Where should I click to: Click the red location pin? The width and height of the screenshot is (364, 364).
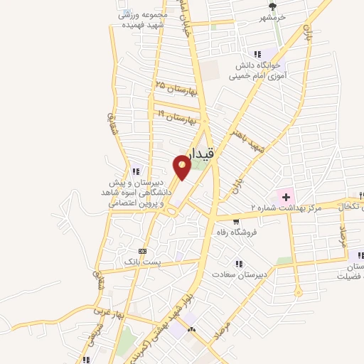click(x=182, y=166)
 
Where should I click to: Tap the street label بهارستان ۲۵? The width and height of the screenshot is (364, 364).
click(x=175, y=89)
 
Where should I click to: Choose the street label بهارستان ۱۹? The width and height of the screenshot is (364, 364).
click(x=173, y=116)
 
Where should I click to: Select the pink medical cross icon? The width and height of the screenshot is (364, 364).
click(x=286, y=195)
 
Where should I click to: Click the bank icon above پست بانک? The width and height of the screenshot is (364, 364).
click(x=143, y=251)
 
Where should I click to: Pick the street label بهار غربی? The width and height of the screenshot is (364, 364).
click(x=109, y=312)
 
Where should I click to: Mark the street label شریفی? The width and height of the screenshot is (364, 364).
click(x=109, y=124)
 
